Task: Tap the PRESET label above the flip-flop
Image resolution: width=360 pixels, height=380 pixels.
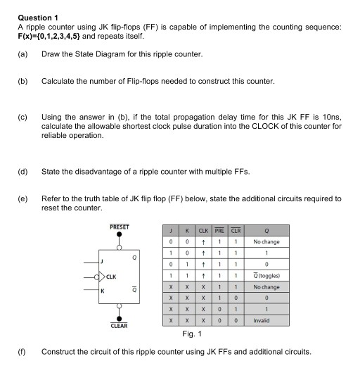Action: tap(120, 227)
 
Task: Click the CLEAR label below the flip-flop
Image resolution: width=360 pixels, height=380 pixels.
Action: tap(120, 326)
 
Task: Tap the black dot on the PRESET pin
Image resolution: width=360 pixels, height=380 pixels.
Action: tap(120, 236)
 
